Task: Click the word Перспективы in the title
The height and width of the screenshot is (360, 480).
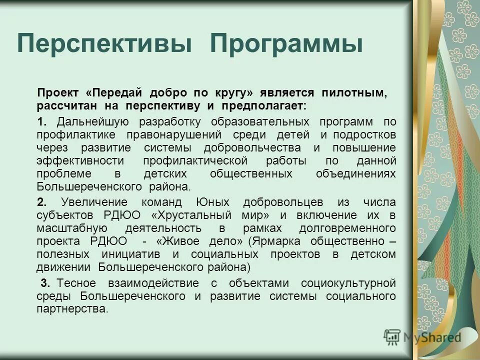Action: tap(104, 44)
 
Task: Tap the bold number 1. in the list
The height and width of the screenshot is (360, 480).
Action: tap(42, 122)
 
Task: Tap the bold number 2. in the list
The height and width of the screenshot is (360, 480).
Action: tap(42, 202)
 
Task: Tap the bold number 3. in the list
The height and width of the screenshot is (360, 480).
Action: tap(45, 283)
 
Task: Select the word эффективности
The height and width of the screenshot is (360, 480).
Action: tap(72, 161)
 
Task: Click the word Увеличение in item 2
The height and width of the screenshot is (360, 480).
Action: tap(94, 202)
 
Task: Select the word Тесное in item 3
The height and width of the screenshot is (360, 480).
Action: tap(77, 283)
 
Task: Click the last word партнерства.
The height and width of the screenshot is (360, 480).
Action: tap(72, 309)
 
